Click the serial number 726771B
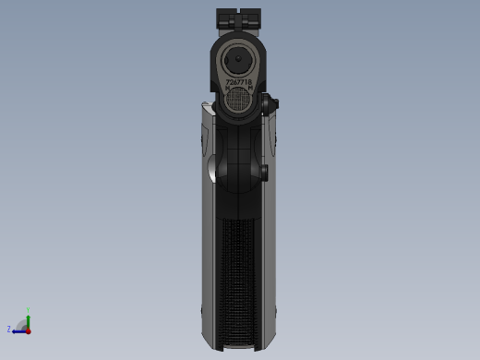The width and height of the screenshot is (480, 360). pyautogui.click(x=239, y=82)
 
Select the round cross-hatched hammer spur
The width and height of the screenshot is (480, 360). pyautogui.click(x=239, y=100)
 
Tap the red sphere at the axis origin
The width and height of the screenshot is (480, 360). pyautogui.click(x=28, y=330)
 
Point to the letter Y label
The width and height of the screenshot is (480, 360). pyautogui.click(x=28, y=310)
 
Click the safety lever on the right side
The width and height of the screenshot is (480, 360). pyautogui.click(x=270, y=105)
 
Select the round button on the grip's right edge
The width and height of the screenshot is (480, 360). pyautogui.click(x=264, y=171)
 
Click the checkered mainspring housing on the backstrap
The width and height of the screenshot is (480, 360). pyautogui.click(x=238, y=277)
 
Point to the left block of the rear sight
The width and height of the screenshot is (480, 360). pyautogui.click(x=225, y=18)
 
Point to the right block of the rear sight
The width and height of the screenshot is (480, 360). pyautogui.click(x=252, y=18)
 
